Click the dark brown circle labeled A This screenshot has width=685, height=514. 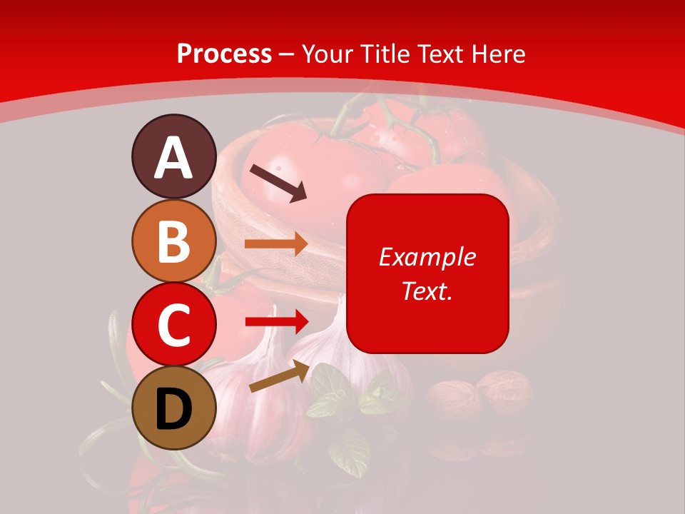pos(173,156)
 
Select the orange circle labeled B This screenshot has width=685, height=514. pos(173,241)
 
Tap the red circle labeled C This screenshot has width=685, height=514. pos(173,325)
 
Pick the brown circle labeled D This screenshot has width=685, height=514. pos(173,408)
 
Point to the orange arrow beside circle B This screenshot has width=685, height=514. pos(275,244)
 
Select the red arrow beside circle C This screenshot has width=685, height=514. pos(275,321)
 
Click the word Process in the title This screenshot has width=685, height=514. pos(224,54)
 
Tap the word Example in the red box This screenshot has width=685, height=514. pos(427,257)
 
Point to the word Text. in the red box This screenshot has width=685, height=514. pos(427,291)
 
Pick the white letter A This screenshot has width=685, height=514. pos(173,158)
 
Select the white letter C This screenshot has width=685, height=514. pos(173,326)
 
